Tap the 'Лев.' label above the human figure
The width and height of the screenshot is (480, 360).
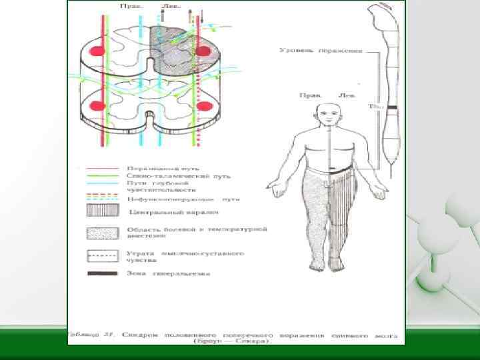point(348,95)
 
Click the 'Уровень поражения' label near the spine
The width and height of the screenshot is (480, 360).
point(320,50)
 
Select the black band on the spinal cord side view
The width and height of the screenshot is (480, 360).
point(392,107)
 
